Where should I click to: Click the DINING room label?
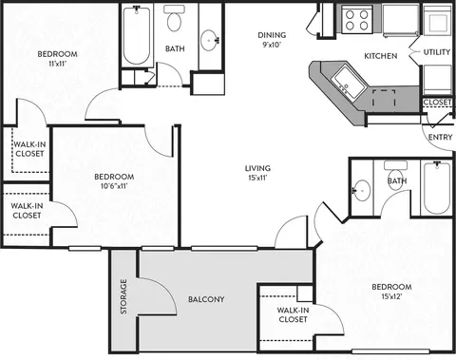272,35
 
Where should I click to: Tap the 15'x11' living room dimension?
257,178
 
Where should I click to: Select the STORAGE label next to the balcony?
123,296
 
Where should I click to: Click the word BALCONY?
206,299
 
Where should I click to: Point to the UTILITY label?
437,52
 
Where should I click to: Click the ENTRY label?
440,137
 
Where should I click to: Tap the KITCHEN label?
381,56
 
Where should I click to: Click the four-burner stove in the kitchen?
356,20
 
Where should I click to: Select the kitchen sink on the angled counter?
348,82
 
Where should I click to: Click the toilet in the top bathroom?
174,18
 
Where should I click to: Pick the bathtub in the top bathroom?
137,35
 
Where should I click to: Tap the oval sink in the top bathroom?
209,41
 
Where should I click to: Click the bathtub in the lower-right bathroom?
437,188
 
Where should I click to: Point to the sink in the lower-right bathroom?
362,191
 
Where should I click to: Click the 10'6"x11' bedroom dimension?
114,186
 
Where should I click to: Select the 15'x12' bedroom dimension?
391,296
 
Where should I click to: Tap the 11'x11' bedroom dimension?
57,64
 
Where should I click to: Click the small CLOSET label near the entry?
437,103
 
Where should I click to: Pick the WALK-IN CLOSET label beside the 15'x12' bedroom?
293,314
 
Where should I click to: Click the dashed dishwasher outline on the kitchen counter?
384,99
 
